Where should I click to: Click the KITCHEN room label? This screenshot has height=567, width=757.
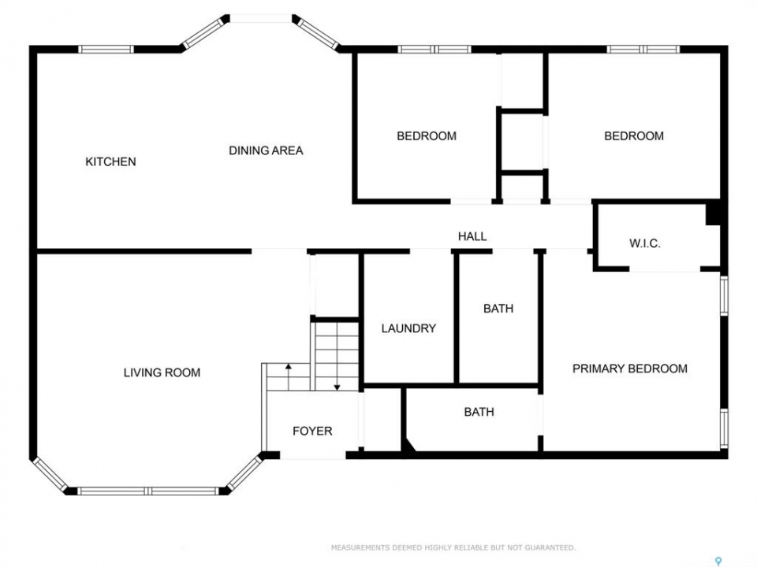tap(110, 161)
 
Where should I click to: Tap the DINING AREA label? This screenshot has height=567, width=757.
tap(266, 150)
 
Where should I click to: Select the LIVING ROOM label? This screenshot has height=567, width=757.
tap(162, 372)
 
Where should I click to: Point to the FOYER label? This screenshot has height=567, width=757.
tap(312, 431)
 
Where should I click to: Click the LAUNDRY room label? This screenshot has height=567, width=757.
tap(408, 328)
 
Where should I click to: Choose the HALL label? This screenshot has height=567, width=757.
tap(472, 236)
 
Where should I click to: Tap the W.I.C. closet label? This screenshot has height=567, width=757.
tap(644, 243)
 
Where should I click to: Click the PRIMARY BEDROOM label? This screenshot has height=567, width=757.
tap(629, 369)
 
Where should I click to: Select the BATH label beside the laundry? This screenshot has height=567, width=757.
tap(498, 308)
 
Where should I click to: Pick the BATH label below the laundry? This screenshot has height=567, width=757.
tap(479, 412)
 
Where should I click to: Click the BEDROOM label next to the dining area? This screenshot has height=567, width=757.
tap(427, 136)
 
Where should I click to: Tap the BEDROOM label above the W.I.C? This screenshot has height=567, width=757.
tap(634, 136)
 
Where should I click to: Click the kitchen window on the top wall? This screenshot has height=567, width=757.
tap(106, 49)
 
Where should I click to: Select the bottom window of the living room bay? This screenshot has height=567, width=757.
tap(149, 491)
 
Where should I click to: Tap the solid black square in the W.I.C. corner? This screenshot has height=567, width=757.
tap(713, 213)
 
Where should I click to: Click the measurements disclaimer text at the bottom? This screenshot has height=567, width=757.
tap(453, 547)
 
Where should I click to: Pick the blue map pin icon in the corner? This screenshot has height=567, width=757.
tap(718, 561)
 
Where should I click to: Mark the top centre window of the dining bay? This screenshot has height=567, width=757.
tap(261, 18)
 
